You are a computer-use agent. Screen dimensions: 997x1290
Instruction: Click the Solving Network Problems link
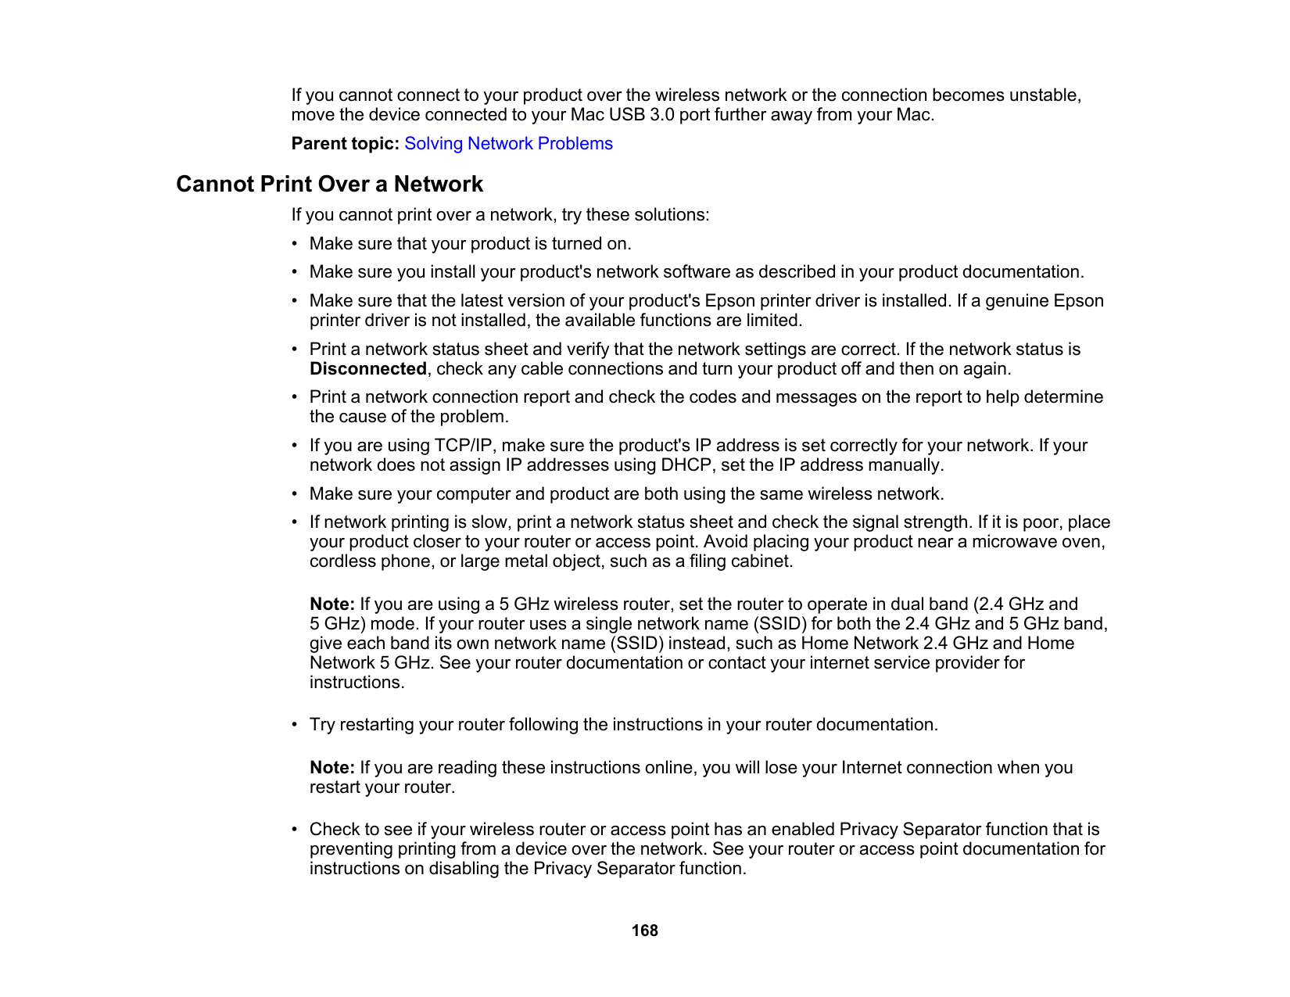508,144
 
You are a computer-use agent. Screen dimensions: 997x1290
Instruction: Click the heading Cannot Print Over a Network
329,185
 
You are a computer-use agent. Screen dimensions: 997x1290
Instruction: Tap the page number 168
645,931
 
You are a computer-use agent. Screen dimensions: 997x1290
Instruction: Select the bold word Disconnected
367,369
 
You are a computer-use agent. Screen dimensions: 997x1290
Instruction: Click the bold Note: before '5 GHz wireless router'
332,604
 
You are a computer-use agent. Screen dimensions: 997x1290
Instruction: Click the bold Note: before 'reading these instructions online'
332,768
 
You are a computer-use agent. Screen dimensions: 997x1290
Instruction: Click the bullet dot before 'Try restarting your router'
295,725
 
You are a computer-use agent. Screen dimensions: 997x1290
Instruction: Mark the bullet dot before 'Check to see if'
295,830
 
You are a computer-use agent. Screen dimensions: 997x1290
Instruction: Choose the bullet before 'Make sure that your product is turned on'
295,244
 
